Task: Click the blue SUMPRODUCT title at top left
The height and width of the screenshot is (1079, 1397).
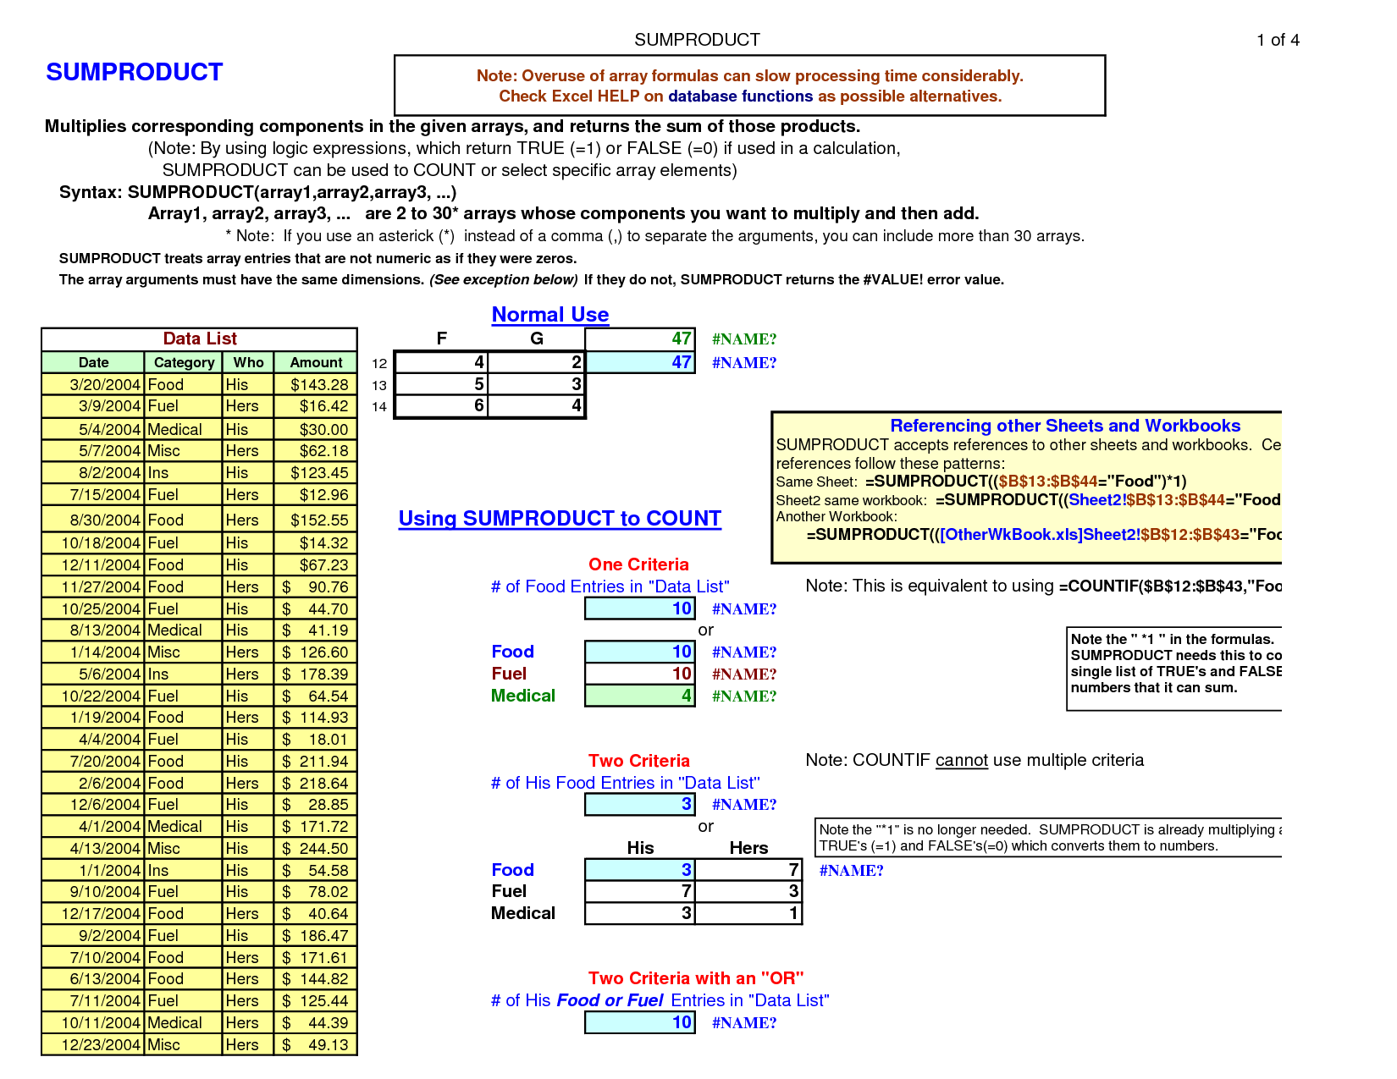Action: [134, 73]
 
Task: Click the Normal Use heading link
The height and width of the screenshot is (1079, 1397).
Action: [550, 315]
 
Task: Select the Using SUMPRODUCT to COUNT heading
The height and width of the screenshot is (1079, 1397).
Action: [560, 519]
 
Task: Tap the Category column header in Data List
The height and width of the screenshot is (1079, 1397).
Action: [184, 362]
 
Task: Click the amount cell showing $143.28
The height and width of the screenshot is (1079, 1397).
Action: [317, 385]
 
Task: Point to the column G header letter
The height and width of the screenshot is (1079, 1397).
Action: [536, 339]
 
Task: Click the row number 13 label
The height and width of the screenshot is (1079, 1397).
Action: [378, 386]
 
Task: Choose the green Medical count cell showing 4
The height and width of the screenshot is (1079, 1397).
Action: [640, 696]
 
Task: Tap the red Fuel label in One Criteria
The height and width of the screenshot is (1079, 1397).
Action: [509, 674]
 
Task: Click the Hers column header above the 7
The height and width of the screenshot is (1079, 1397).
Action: [748, 848]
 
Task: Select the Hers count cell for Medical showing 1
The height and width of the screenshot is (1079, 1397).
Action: [748, 914]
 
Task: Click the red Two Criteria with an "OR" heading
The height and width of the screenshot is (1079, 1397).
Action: [696, 979]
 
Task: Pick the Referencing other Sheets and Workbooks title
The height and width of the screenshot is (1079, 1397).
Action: [1065, 426]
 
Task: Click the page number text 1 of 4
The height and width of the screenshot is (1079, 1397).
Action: [1278, 41]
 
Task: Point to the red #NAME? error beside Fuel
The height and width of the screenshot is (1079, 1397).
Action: [744, 674]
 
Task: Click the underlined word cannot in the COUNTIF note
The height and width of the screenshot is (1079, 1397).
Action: [961, 761]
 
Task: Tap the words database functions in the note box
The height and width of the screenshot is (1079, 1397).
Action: [740, 96]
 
